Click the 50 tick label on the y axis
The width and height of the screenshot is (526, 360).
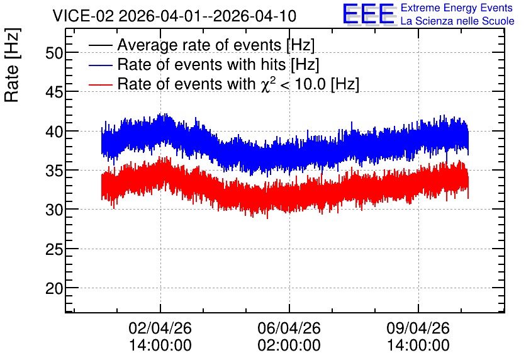(x=54, y=53)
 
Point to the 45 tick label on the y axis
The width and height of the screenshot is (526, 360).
(x=54, y=92)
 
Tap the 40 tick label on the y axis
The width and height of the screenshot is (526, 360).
(x=54, y=132)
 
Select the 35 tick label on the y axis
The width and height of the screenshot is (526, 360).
(x=54, y=171)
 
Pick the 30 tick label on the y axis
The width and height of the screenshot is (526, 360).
(x=54, y=210)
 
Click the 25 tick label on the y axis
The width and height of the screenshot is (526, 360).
(x=54, y=249)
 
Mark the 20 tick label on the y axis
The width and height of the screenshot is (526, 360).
(x=54, y=288)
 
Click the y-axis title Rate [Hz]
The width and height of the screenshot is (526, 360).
(x=12, y=65)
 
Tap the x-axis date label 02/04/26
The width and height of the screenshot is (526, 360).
(x=160, y=328)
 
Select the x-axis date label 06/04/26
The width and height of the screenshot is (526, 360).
(x=289, y=328)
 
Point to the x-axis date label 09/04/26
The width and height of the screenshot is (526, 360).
(x=418, y=328)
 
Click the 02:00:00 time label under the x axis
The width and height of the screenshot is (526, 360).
(x=289, y=346)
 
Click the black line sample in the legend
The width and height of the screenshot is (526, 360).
(x=101, y=45)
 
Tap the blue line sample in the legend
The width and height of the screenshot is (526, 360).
(x=101, y=65)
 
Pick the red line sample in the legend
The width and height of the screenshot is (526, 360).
(x=101, y=84)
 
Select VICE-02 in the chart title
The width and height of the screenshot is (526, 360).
(x=84, y=16)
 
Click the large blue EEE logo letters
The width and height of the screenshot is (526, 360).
(x=369, y=14)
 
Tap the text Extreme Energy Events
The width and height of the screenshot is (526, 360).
(x=457, y=8)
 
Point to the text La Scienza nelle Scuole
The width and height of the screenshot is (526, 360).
(x=457, y=21)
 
